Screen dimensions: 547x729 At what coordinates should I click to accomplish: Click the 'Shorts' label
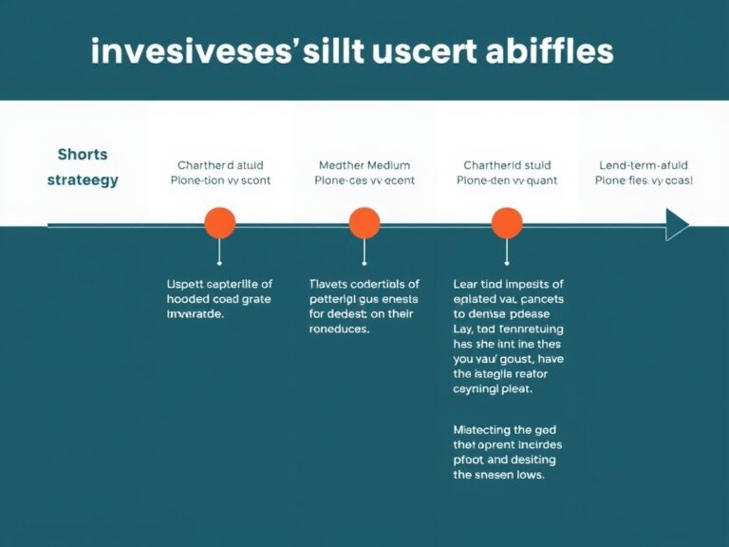(83, 155)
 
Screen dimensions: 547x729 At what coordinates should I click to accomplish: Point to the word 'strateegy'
(83, 179)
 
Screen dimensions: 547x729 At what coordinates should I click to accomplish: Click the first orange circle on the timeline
(219, 224)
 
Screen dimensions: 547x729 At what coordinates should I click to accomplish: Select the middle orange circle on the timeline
(364, 224)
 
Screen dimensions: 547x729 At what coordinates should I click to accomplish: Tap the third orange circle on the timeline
(507, 224)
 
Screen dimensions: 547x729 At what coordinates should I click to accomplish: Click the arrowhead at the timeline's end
(677, 225)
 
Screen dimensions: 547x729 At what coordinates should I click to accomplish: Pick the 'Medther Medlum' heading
(364, 164)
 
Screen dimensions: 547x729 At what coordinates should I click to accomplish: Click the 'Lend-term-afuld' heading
(644, 164)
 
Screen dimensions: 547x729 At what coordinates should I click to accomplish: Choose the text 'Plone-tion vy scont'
(219, 180)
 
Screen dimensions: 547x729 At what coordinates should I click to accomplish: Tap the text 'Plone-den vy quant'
(507, 180)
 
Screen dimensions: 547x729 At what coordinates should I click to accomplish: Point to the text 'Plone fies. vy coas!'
(644, 180)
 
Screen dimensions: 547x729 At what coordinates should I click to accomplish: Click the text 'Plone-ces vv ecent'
(364, 180)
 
